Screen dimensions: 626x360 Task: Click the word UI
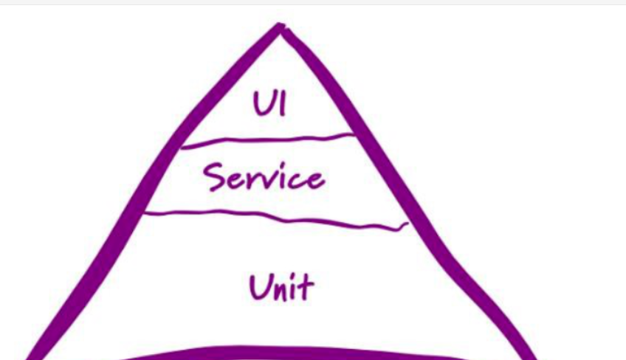coord(270,105)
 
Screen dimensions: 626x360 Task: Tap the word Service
coord(264,177)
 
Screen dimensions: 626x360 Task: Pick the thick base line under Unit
coord(295,352)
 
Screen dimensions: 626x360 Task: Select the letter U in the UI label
coord(262,105)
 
